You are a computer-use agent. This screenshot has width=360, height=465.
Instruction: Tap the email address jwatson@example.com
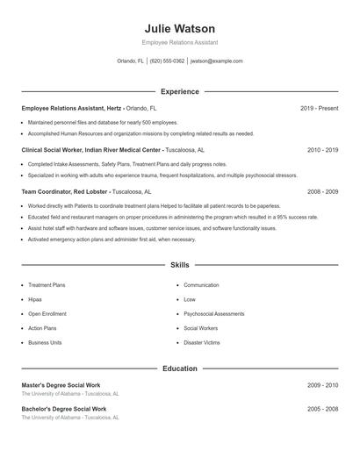point(216,61)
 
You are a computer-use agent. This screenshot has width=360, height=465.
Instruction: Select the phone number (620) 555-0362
point(167,61)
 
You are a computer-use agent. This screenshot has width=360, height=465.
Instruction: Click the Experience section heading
point(179,91)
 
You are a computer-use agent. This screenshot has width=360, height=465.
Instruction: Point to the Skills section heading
point(179,264)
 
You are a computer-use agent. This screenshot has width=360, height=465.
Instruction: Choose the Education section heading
point(179,368)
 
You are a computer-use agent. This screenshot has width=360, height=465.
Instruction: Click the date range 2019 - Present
point(319,108)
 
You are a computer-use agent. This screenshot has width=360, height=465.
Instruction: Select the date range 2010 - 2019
point(322,150)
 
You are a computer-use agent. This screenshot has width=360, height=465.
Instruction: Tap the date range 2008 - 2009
point(322,191)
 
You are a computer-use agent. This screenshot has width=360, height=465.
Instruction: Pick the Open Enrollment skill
point(47,313)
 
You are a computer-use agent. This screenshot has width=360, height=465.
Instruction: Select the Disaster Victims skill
point(202,342)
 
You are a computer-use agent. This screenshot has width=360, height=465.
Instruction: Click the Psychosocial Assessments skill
point(214,313)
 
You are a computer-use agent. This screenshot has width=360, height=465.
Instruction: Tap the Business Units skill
point(45,342)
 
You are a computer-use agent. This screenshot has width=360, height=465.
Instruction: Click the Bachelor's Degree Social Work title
point(64,409)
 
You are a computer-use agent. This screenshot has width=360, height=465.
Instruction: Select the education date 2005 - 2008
point(322,409)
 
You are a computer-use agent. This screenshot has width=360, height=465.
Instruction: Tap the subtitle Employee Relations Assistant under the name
point(179,42)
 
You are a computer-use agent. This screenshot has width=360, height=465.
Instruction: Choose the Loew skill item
point(190,299)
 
